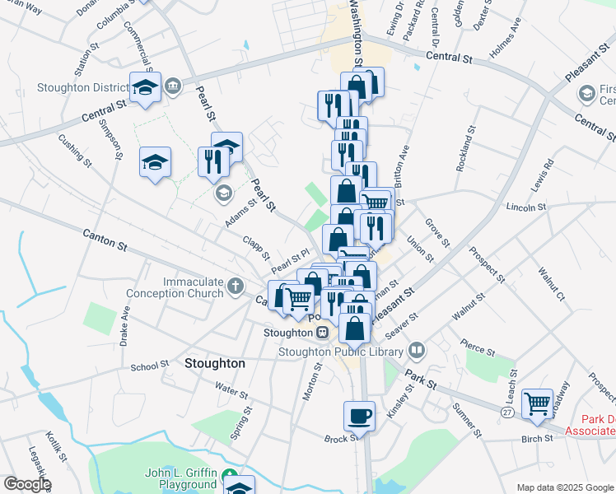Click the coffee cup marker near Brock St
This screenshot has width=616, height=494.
359,415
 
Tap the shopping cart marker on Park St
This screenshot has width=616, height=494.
537,403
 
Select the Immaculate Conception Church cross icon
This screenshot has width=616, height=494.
236,287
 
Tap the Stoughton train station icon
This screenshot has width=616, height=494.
323,333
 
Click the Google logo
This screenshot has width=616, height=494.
26,483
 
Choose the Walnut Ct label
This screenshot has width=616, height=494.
549,283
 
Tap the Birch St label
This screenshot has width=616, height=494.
537,439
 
